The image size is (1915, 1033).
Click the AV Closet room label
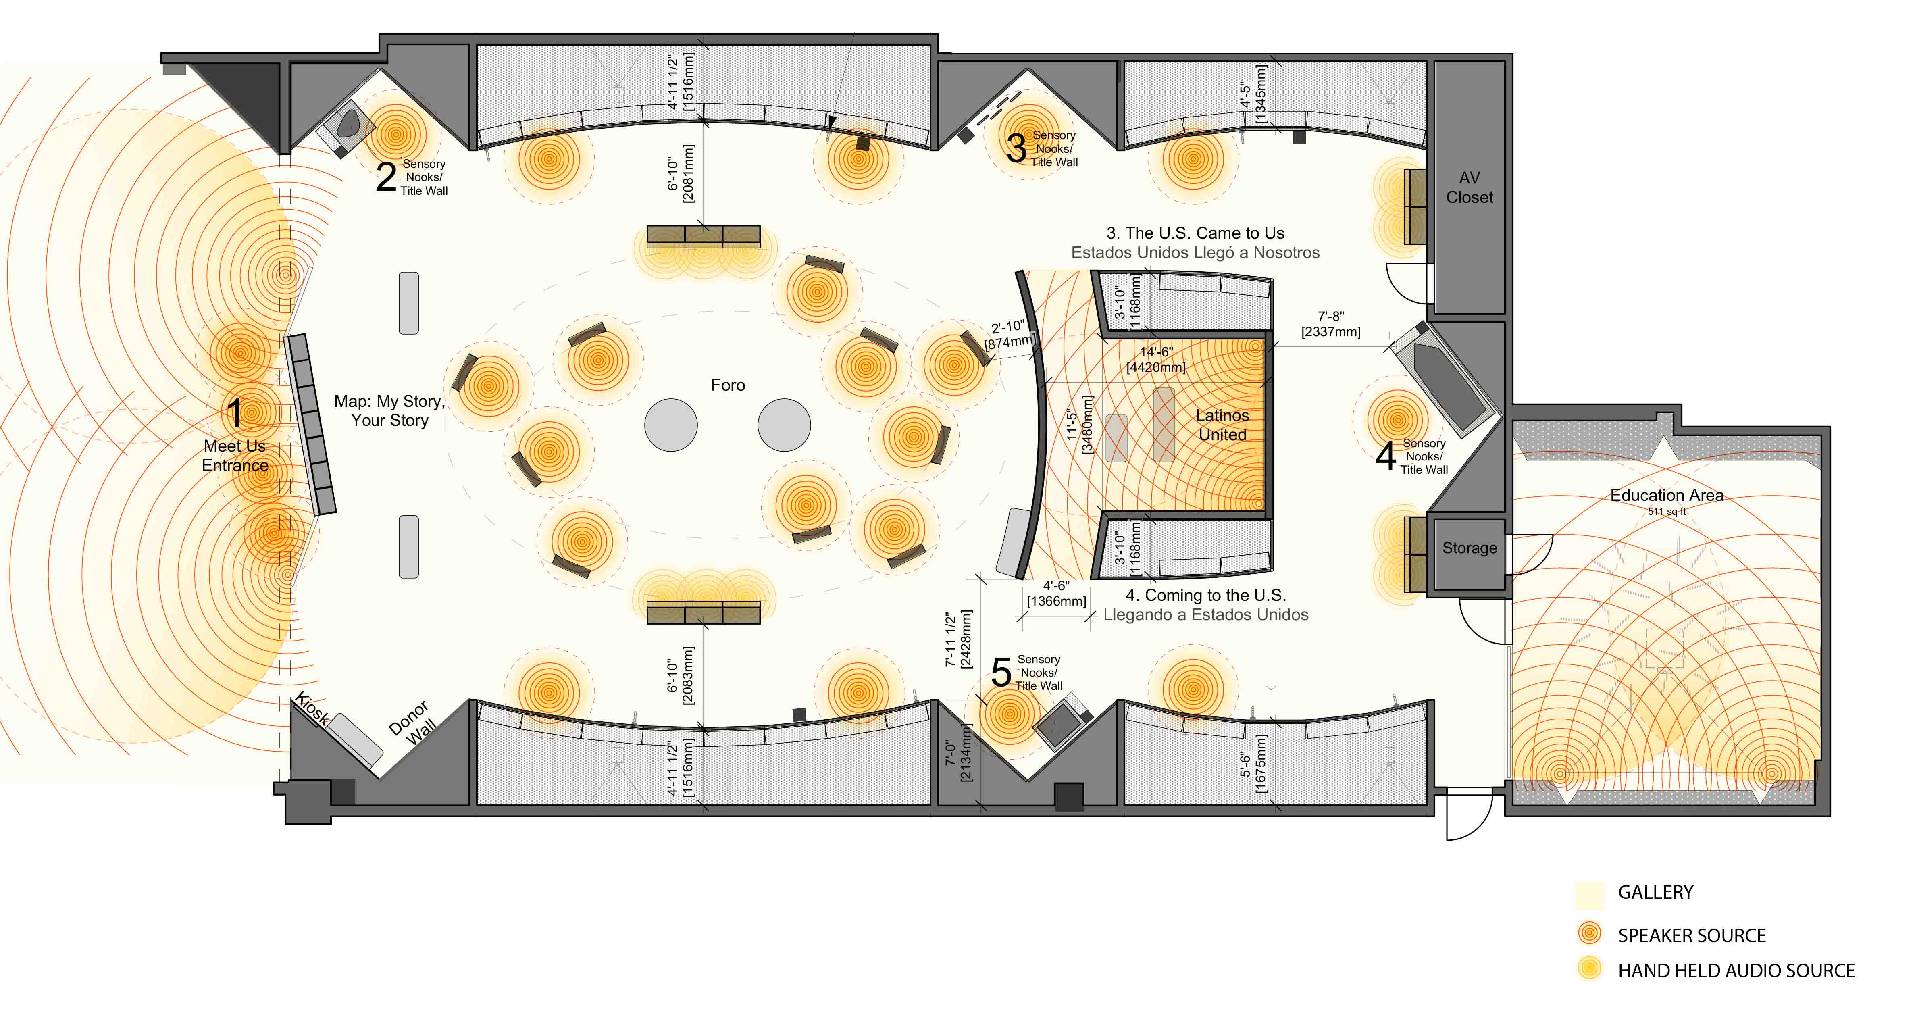(1469, 187)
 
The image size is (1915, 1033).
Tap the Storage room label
(1470, 548)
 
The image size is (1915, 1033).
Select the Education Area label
(1667, 495)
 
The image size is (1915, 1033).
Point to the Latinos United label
(1222, 425)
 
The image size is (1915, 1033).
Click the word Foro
(728, 385)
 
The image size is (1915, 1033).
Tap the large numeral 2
(386, 177)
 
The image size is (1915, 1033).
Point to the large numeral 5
(1001, 672)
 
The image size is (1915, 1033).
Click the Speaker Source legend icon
(1589, 933)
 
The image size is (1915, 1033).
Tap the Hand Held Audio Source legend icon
(1589, 968)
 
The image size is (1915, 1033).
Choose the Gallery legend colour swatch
(1589, 896)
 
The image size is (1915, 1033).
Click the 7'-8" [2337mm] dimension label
(1331, 324)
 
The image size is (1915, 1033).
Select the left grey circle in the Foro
(670, 425)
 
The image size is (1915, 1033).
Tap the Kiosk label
(312, 709)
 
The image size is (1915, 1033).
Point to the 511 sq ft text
(1667, 512)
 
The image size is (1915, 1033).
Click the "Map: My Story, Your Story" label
(389, 410)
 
